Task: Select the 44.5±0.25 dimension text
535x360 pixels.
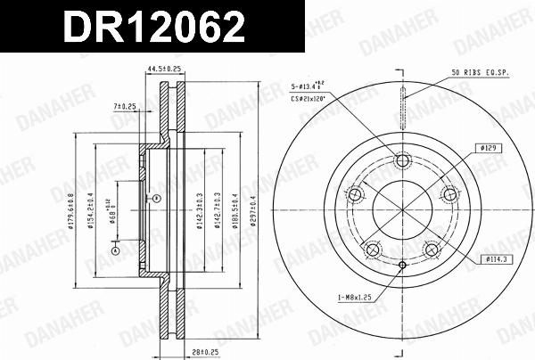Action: pos(164,68)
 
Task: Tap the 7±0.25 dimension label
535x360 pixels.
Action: pos(125,106)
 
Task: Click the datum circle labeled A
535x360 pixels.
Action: pos(114,251)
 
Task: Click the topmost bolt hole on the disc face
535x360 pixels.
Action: pos(402,161)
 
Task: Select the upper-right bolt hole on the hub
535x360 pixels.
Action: pos(449,194)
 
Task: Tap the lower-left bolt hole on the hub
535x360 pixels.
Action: pos(372,249)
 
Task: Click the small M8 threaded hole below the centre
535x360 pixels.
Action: pos(402,265)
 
